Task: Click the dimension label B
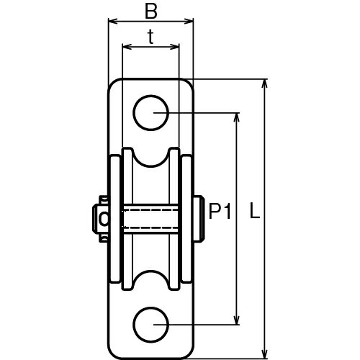point(151,12)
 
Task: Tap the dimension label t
point(150,37)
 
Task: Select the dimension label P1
point(220,211)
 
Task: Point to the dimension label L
point(255,210)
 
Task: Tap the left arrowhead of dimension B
point(113,22)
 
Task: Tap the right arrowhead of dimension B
point(189,22)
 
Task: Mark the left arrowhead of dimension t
point(127,47)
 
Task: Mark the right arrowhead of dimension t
point(175,47)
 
